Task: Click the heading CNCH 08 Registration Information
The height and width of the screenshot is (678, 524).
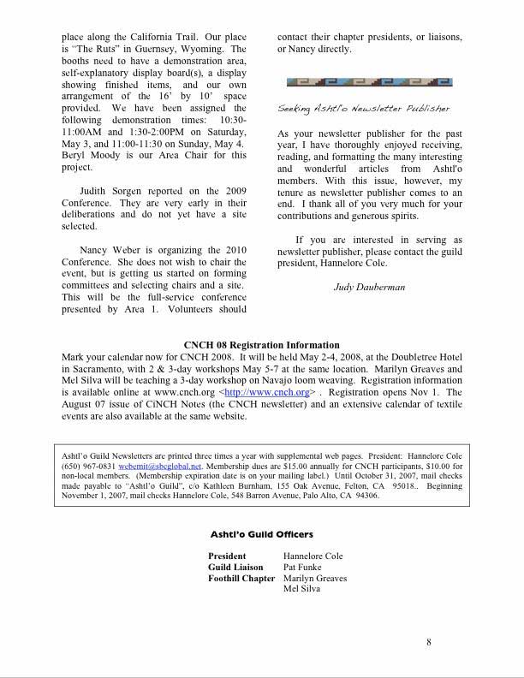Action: click(x=262, y=345)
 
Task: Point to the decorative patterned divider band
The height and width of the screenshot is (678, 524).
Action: click(x=369, y=82)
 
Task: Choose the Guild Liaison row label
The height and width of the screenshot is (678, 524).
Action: click(x=235, y=567)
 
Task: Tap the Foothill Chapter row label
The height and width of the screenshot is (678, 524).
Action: click(x=241, y=578)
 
